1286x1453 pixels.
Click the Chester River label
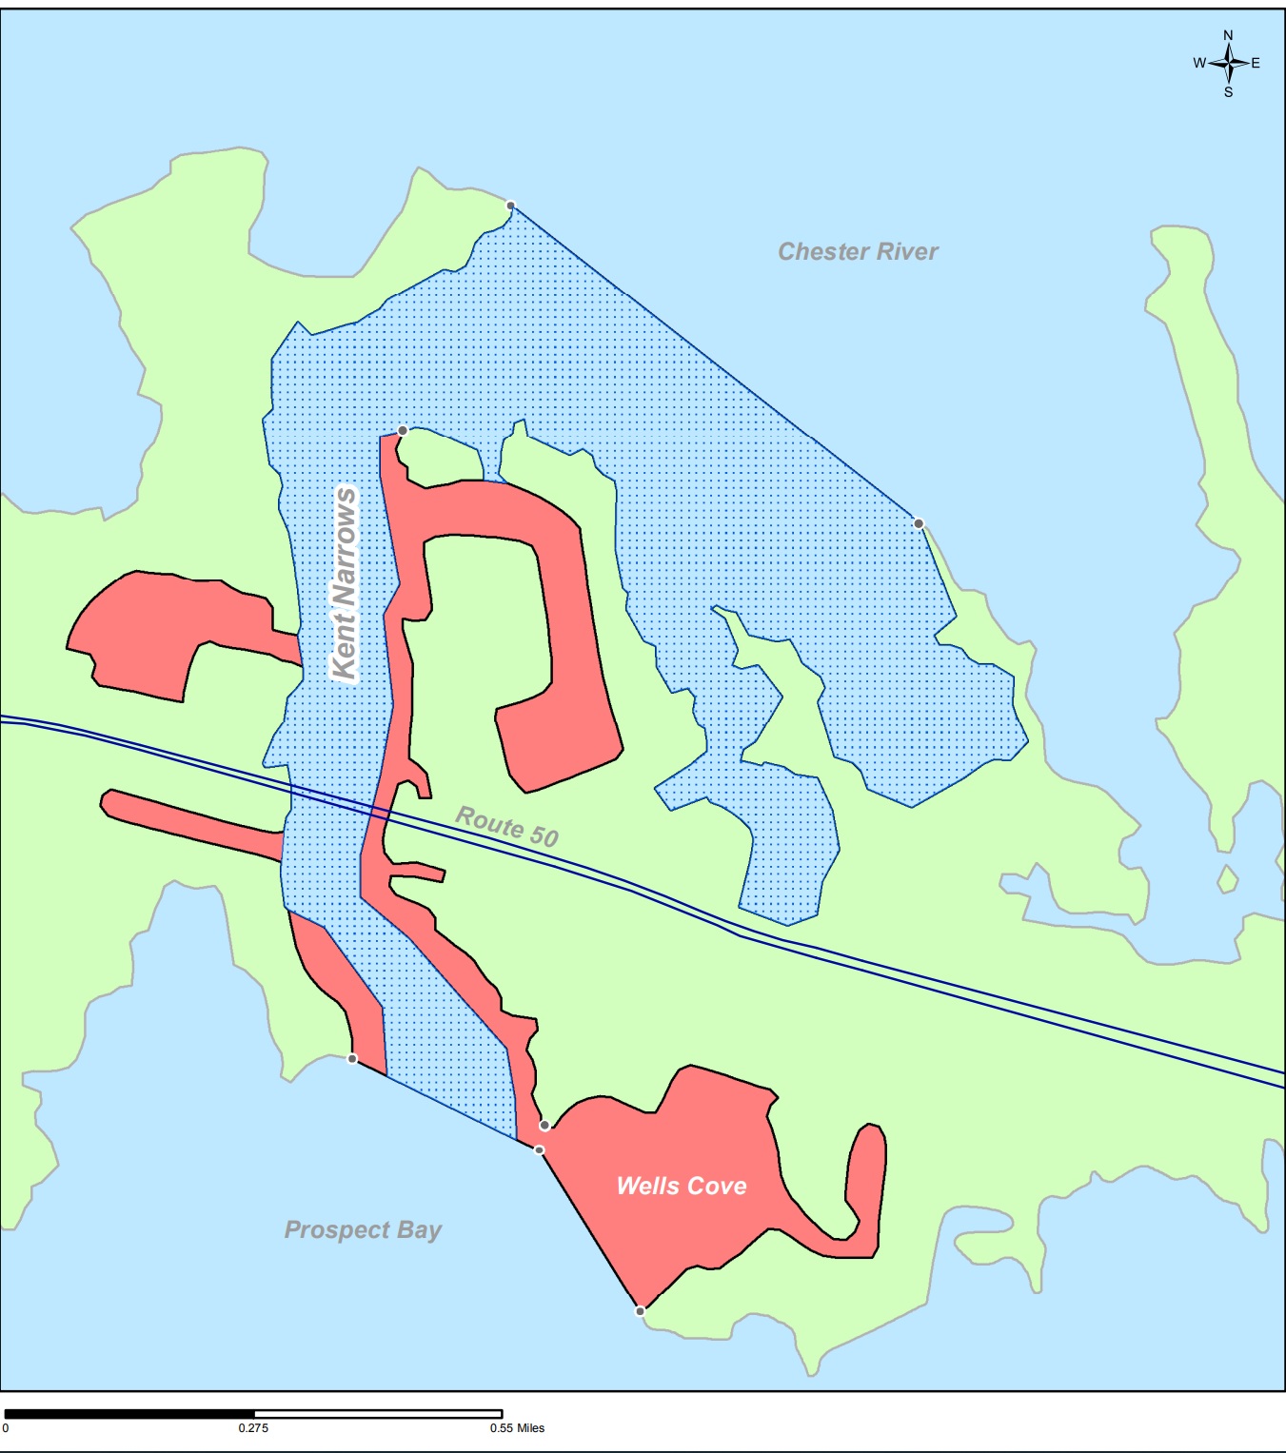click(858, 251)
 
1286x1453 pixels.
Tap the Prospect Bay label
click(363, 1229)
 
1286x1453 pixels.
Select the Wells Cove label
click(682, 1186)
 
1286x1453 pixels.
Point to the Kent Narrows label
click(344, 582)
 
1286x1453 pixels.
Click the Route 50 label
click(506, 825)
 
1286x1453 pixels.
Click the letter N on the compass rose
click(1228, 35)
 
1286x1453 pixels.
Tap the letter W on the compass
click(1199, 63)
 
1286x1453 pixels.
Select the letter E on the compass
click(1256, 63)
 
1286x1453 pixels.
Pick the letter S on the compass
click(1228, 92)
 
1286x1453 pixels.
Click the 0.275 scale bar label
click(253, 1428)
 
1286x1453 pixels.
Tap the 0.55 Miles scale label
click(518, 1428)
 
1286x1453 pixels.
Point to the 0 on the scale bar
click(6, 1428)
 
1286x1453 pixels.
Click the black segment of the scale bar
click(129, 1414)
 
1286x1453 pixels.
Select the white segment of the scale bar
click(378, 1414)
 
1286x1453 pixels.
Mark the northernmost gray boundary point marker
click(510, 206)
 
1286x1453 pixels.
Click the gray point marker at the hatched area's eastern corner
click(919, 523)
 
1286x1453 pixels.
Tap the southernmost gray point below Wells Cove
click(640, 1311)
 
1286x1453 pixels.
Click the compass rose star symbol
click(1229, 63)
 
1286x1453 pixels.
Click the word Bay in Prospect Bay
click(419, 1229)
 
